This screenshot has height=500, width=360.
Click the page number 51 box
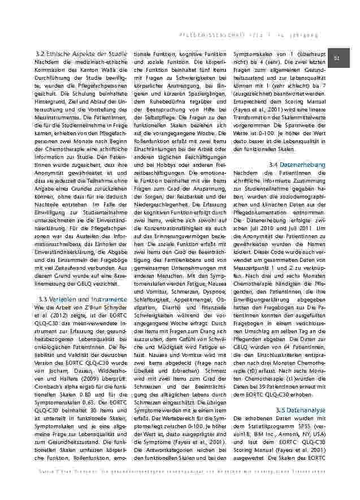341,57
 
